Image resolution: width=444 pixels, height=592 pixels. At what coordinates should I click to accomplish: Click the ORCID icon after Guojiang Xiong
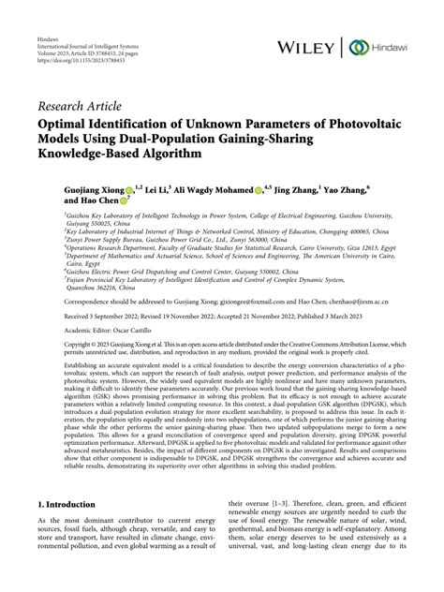[x=128, y=188]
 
